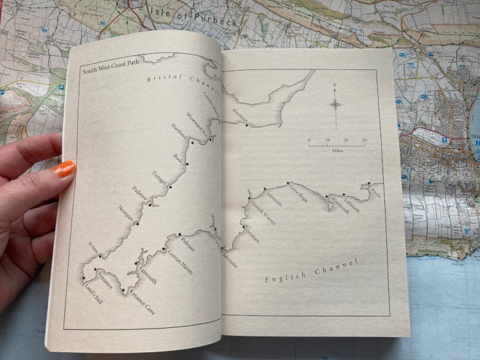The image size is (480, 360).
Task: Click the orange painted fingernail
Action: [x=64, y=169]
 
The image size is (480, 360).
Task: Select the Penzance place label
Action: [x=105, y=280]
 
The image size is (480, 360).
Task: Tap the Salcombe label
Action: [x=228, y=257]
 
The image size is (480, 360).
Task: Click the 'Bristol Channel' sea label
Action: [x=183, y=83]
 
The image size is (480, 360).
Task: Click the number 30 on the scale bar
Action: [x=363, y=140]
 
